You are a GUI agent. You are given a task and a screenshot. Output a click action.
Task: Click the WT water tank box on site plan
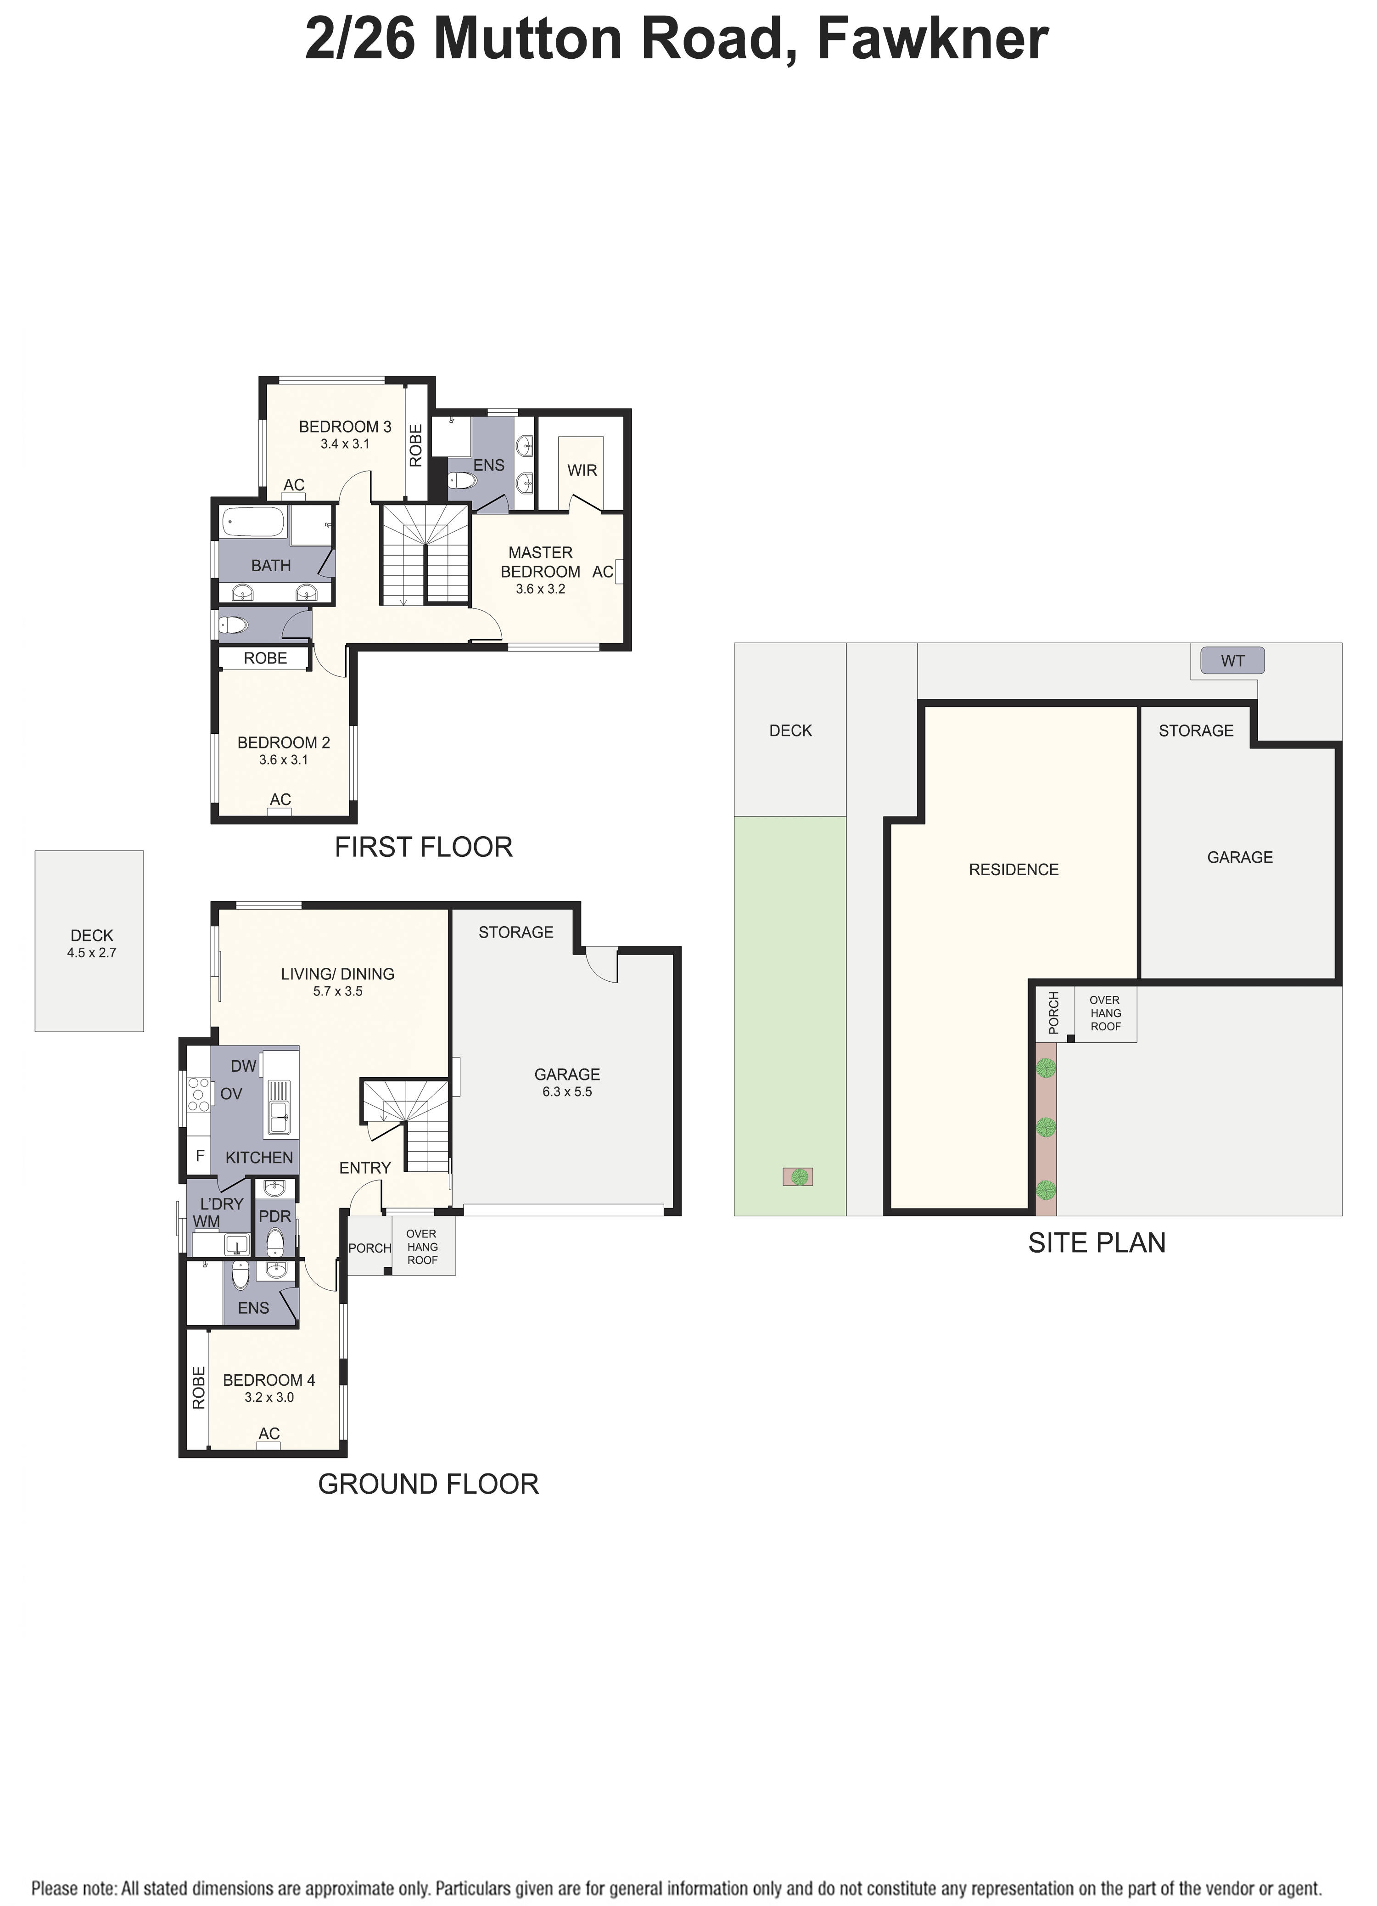point(1231,661)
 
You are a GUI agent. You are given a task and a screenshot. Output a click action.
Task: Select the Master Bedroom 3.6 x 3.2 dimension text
point(540,589)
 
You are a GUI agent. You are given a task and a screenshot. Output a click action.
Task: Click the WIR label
point(582,471)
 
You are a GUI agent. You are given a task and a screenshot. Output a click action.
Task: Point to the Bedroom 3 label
point(344,427)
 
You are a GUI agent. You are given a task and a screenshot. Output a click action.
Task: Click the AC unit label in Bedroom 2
point(280,799)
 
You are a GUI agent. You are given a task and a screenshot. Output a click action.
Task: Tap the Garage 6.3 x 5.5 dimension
point(567,1091)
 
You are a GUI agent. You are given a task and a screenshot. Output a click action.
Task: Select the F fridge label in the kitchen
point(200,1156)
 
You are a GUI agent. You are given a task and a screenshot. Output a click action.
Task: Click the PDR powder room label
point(275,1216)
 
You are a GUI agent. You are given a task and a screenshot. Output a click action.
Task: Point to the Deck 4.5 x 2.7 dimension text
point(92,953)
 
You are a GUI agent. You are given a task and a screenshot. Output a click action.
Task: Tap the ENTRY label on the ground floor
point(364,1167)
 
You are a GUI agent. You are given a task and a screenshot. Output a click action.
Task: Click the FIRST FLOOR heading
point(424,847)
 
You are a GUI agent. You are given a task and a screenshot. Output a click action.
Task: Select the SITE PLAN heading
point(1097,1243)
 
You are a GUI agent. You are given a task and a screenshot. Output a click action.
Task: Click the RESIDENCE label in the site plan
point(1013,870)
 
